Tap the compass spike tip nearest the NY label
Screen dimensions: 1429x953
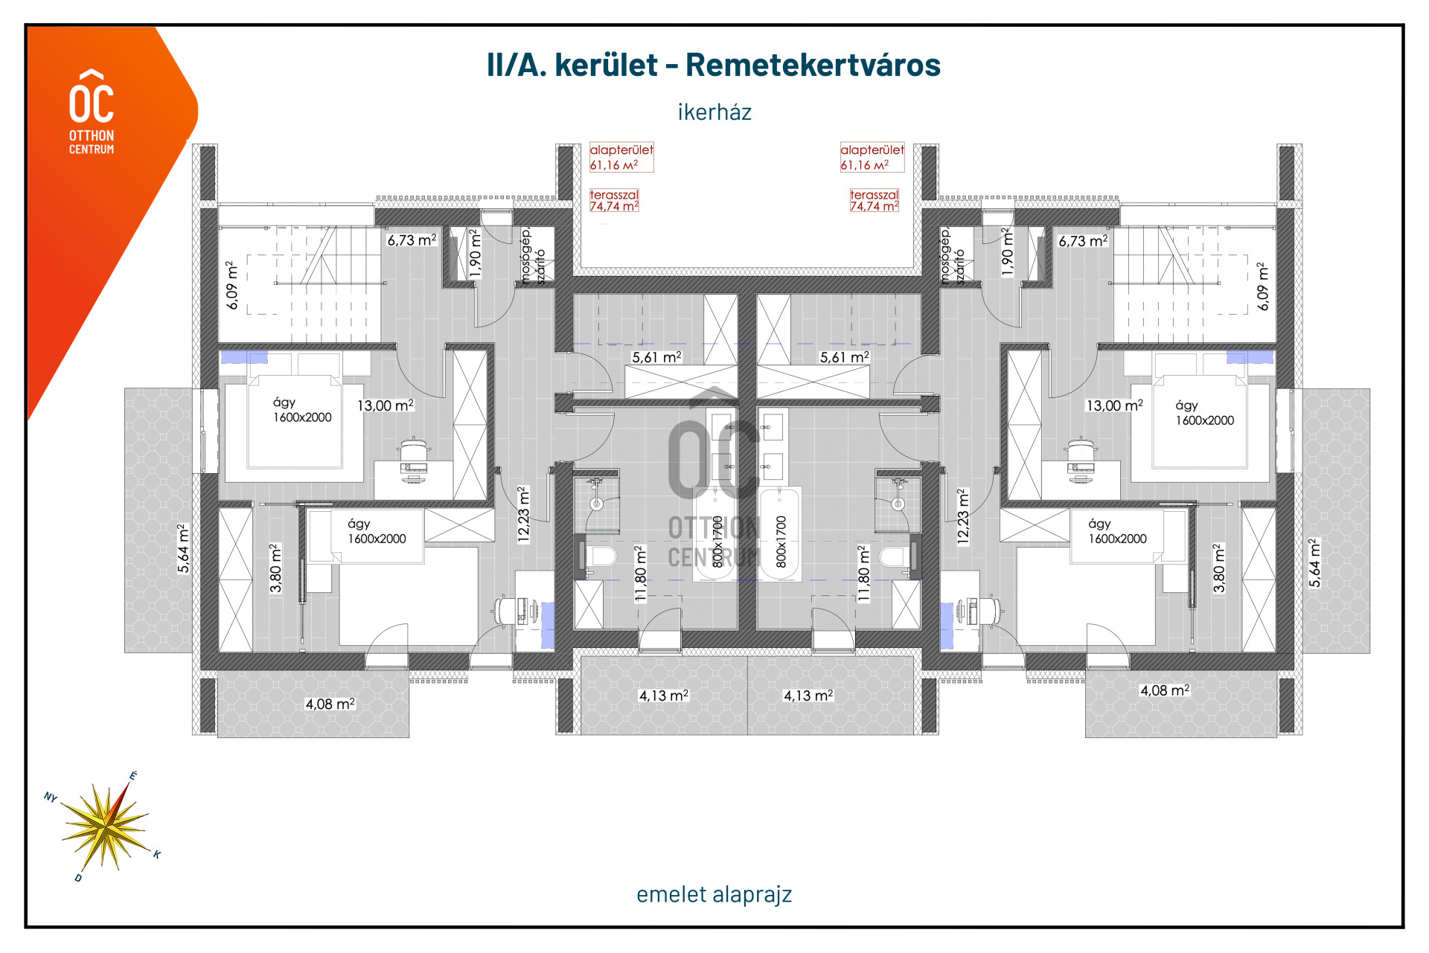pos(61,804)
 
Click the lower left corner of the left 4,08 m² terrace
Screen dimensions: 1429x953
pos(217,737)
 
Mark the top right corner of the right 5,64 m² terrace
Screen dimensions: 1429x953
pos(1370,389)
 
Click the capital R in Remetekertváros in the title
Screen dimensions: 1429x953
pos(697,65)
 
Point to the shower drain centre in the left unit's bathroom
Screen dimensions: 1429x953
pos(596,504)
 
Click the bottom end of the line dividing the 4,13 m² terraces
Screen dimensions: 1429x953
pos(747,735)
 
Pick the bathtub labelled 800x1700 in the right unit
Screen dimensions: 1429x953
pos(780,534)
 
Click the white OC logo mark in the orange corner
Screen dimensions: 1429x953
pos(92,96)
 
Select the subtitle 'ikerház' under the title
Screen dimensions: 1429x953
pos(714,112)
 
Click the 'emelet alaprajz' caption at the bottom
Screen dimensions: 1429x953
pos(714,894)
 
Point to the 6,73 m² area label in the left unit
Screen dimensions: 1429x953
pos(412,240)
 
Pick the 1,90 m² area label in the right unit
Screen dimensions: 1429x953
pos(1008,253)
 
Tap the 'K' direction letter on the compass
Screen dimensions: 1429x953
pos(157,854)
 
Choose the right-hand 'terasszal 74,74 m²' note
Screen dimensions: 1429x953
pos(875,201)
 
